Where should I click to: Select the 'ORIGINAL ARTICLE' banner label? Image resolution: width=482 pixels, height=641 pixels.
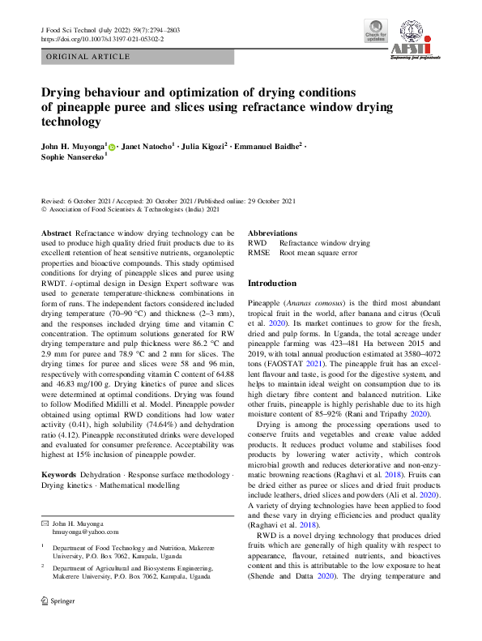tap(89, 57)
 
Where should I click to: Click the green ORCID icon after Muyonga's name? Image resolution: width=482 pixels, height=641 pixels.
tap(113, 147)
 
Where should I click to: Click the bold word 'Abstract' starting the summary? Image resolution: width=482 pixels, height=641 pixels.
tap(56, 233)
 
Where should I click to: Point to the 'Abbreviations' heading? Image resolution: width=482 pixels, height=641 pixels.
tap(272, 233)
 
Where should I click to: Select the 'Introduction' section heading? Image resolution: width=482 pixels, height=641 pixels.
tap(272, 284)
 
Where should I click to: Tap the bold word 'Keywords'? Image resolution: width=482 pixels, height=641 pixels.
tap(59, 473)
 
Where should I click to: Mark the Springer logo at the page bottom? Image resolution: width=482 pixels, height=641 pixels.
tap(59, 625)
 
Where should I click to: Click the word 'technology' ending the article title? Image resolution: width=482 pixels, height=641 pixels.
tap(72, 122)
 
